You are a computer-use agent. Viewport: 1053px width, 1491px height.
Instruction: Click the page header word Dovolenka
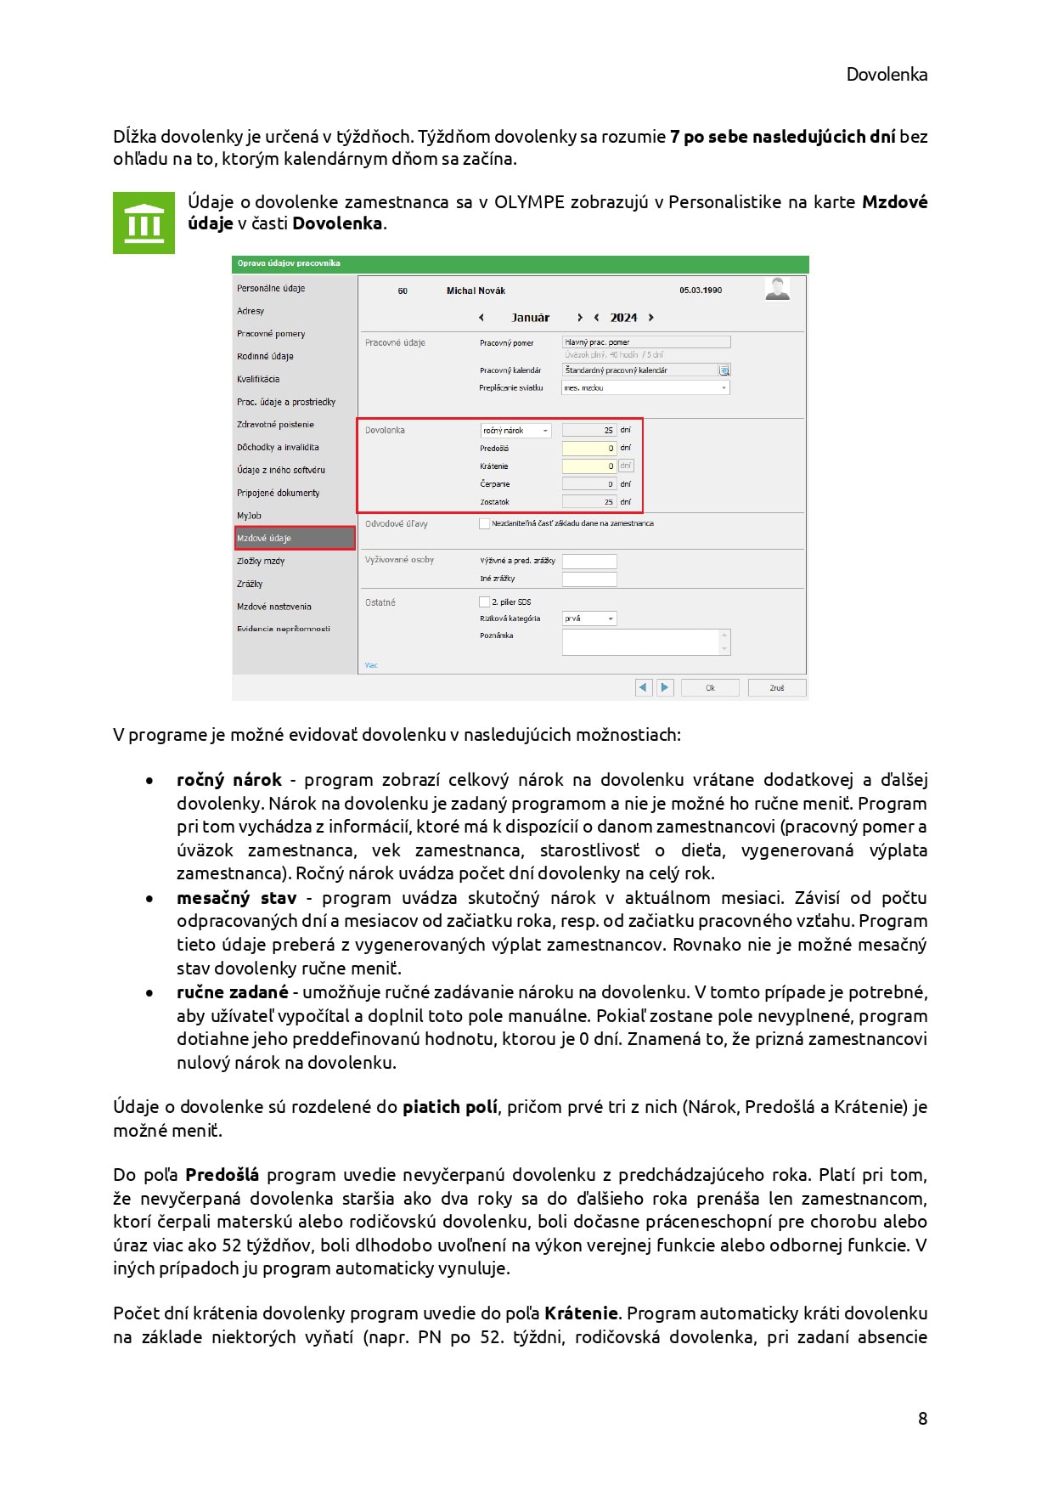pos(886,75)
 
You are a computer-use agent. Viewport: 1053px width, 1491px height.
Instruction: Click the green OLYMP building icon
pos(144,223)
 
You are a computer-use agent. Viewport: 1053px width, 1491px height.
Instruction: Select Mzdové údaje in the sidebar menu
pos(294,538)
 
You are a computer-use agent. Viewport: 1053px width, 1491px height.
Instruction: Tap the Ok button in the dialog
pos(710,687)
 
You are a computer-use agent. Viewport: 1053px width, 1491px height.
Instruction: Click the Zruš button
pos(776,687)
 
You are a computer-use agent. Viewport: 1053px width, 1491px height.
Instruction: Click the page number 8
pos(922,1418)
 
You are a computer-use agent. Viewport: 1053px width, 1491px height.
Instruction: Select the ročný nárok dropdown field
pos(515,430)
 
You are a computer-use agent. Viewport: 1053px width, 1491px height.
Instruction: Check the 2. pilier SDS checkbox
pos(485,601)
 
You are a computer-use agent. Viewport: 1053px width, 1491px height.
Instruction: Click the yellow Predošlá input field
pos(589,448)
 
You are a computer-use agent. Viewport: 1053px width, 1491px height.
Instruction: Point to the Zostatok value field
pos(589,501)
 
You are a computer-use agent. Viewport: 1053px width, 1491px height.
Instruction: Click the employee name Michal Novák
pos(476,291)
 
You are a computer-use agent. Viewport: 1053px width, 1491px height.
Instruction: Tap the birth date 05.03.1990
pos(701,291)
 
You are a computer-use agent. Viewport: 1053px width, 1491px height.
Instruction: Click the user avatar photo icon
pos(777,289)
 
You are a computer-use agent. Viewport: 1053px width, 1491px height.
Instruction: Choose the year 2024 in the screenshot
pos(623,318)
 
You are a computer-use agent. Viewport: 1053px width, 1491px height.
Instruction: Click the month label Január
pos(531,318)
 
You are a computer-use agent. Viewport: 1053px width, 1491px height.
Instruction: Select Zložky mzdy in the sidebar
pos(261,561)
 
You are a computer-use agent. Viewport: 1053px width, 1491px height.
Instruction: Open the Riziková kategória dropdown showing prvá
pos(589,618)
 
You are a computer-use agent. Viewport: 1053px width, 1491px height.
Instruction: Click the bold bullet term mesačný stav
pos(236,898)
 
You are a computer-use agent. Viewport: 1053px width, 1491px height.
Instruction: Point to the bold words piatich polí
pos(449,1107)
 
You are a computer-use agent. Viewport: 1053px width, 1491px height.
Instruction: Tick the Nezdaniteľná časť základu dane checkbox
pos(485,523)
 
